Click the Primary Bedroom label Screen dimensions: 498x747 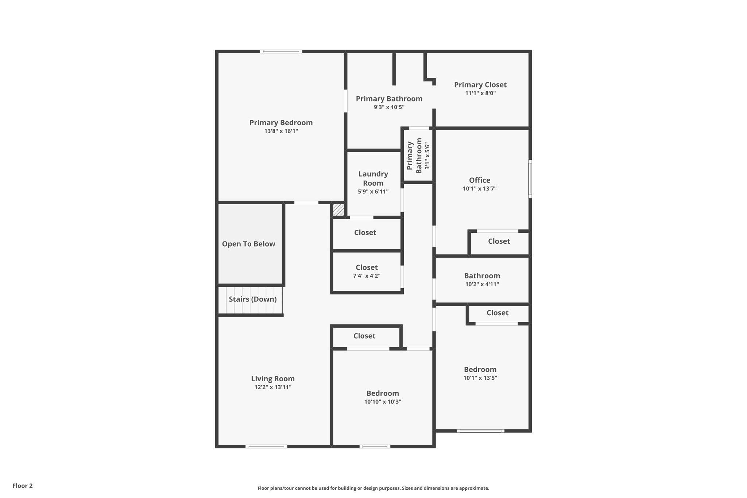pos(281,123)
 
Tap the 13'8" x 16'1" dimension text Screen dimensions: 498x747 pos(281,131)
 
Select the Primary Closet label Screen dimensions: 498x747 pos(480,85)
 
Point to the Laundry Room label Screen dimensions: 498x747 pos(373,178)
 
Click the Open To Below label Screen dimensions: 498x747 pos(248,244)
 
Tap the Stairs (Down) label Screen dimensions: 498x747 pos(252,299)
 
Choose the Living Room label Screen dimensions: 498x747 pos(272,379)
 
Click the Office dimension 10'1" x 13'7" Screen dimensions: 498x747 pos(479,189)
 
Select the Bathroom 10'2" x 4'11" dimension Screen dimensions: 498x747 pos(482,284)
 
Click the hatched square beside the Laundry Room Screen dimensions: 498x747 pos(338,210)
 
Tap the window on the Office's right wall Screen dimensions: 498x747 pos(530,179)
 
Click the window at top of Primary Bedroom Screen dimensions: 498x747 pos(281,51)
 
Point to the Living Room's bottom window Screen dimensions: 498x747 pos(266,446)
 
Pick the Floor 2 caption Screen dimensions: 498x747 pos(23,486)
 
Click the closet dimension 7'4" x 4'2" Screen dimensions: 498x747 pos(367,276)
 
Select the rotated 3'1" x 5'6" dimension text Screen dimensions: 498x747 pos(427,156)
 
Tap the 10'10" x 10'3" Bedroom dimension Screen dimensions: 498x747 pos(382,402)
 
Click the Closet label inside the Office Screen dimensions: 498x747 pos(499,241)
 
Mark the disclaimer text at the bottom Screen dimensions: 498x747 pos(373,488)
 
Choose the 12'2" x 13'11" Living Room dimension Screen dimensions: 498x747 pos(272,387)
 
